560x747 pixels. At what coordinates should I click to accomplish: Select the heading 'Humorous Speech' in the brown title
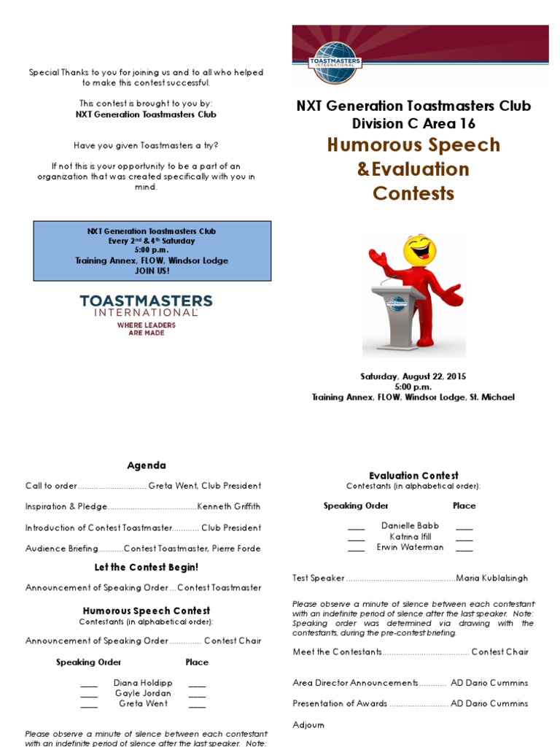(413, 144)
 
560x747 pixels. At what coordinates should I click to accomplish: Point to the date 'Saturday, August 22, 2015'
(413, 376)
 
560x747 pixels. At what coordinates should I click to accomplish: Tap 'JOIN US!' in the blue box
(152, 271)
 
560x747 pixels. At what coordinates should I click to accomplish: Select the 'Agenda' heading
(147, 465)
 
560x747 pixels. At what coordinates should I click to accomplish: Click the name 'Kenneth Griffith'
(229, 506)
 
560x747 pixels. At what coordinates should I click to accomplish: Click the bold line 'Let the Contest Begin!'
(147, 567)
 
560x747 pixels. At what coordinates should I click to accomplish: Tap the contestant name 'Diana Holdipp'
(143, 683)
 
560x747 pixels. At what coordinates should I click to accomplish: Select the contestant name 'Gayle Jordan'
(143, 693)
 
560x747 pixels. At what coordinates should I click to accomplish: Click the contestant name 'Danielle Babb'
(411, 525)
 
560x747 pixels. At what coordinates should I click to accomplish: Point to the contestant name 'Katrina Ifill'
(411, 536)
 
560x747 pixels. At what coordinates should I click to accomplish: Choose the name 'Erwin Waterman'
(411, 547)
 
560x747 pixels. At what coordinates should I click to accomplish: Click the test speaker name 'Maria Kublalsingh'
(492, 578)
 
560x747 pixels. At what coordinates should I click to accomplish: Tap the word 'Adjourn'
(308, 725)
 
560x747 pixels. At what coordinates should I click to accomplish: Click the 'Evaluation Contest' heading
(413, 476)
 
